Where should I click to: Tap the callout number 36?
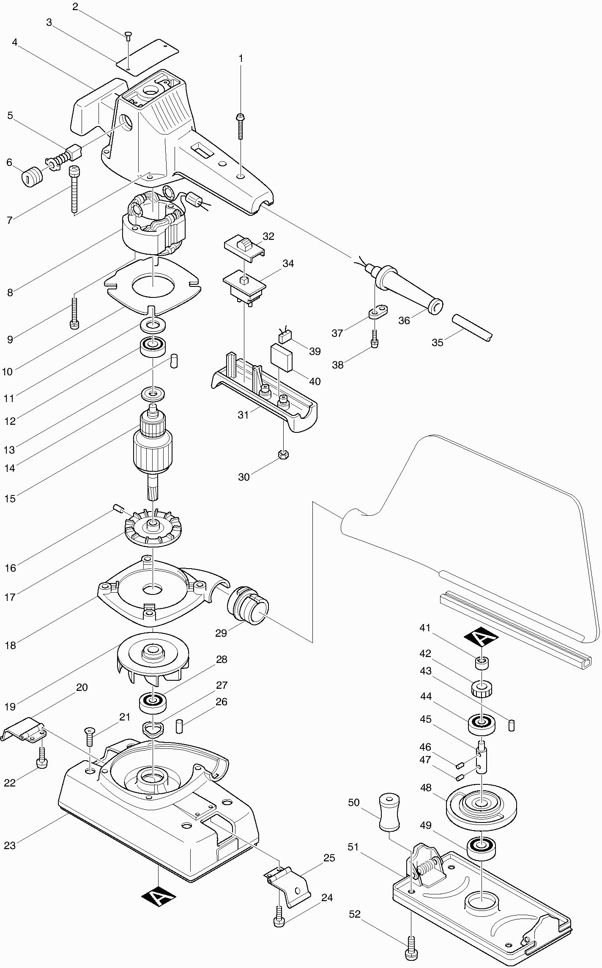pos(404,321)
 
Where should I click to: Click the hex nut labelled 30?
pos(283,455)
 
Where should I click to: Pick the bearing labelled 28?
pos(152,703)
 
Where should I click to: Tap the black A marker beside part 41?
pos(481,636)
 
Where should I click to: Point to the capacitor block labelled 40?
pos(282,357)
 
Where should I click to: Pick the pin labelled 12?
pos(175,361)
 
